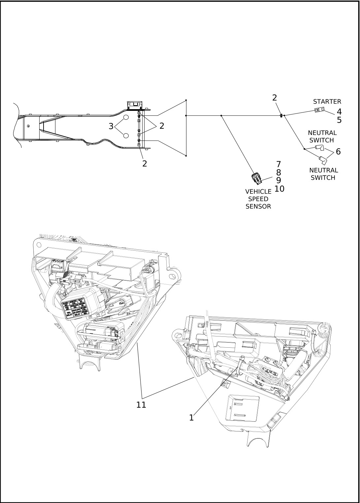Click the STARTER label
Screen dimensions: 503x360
coord(327,102)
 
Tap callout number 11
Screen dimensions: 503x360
coord(141,405)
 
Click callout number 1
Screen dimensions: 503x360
coord(191,418)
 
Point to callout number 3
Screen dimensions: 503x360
coord(111,126)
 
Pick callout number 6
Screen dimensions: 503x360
coord(338,152)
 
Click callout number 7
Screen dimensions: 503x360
coord(278,164)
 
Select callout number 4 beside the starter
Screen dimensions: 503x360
coord(339,112)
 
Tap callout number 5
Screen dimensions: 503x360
coord(339,120)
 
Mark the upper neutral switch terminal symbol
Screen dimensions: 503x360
coord(319,147)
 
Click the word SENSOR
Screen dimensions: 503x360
coord(258,206)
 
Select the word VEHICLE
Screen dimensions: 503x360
coord(258,191)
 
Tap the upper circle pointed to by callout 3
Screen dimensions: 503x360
coord(126,117)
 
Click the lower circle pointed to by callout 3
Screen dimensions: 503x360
coord(126,136)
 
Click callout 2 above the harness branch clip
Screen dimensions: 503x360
coord(275,98)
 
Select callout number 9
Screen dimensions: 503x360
coord(278,180)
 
